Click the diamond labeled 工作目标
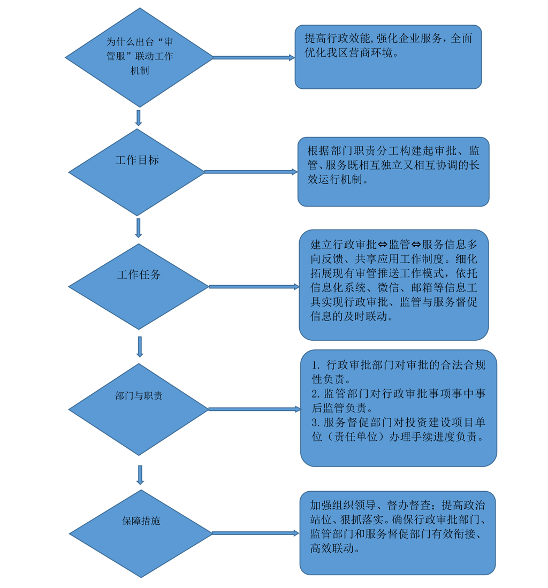coord(137,172)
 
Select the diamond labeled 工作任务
coord(139,286)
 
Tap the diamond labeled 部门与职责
coord(139,409)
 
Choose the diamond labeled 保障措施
coord(141,533)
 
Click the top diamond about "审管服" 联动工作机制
coord(140,57)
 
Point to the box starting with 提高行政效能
coord(388,57)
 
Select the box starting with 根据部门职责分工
coord(393,172)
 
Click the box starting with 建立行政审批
coord(394,285)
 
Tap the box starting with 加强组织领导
coord(398,533)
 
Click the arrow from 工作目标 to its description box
coord(251,172)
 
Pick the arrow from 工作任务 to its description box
coord(254,287)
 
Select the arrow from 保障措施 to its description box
coord(256,533)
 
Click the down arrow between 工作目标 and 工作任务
coord(139,228)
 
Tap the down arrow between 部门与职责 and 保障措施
coord(140,475)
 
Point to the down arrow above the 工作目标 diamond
coord(139,118)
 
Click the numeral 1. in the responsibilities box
coord(316,365)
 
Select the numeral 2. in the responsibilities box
coord(316,394)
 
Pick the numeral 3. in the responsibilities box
coord(316,423)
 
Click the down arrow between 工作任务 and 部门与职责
coord(140,347)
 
